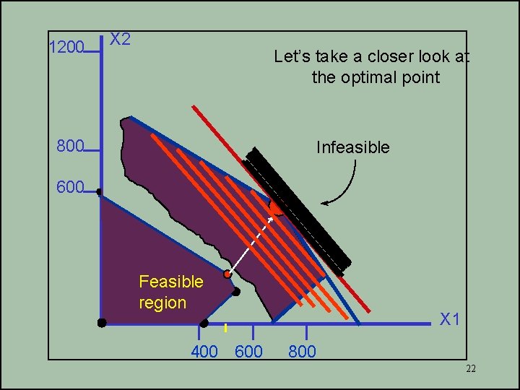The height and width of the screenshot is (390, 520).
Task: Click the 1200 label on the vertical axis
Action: coord(66,48)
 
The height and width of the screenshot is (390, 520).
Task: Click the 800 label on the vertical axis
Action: coord(70,147)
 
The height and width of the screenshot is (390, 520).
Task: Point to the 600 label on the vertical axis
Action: coord(70,188)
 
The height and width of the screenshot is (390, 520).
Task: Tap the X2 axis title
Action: coord(120,39)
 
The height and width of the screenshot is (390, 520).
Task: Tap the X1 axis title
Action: coord(451,319)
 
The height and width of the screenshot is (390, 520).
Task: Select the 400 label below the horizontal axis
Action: coord(204,352)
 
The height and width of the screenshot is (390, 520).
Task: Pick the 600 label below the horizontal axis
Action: coord(249,352)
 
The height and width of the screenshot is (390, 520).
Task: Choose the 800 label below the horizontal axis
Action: coord(302,352)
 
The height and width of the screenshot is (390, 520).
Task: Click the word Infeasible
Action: coord(352,147)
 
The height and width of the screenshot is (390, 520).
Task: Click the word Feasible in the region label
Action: coord(171,281)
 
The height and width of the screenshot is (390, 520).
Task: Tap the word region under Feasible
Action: coord(162,303)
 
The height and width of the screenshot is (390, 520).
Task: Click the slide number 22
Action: coord(470,369)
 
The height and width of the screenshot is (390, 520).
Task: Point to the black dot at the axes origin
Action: coord(102,322)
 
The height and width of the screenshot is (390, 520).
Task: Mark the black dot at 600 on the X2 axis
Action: coord(99,192)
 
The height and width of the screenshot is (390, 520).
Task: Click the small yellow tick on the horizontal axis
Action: coord(225,328)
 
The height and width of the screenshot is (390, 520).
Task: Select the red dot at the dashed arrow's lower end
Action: coord(227,274)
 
